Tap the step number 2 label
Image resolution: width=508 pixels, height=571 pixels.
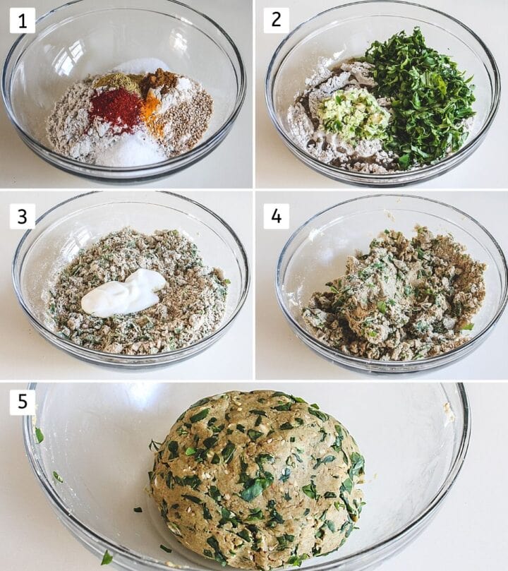pos(276,20)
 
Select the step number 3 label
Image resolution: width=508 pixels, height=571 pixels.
pos(22,216)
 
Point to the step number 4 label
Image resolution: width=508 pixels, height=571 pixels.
pos(276,216)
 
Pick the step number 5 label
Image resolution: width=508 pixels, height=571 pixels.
pos(22,403)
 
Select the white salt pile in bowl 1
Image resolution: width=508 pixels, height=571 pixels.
pos(131,150)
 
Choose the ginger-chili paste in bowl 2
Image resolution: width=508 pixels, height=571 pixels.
pos(353,113)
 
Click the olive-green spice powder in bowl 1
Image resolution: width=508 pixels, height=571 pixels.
pos(116,82)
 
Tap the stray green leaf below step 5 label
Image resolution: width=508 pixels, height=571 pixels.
pos(39,435)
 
